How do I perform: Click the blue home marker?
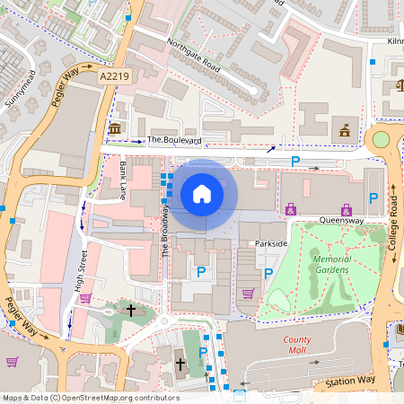[x=202, y=193]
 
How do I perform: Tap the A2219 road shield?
[x=114, y=77]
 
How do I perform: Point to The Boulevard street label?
[x=174, y=140]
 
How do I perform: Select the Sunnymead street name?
[x=21, y=90]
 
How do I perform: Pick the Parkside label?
[x=270, y=243]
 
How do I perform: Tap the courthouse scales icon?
[x=399, y=87]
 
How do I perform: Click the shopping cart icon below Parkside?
[x=248, y=293]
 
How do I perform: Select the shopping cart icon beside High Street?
[x=85, y=298]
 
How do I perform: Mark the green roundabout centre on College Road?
[x=381, y=139]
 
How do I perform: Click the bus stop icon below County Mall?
[x=240, y=393]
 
